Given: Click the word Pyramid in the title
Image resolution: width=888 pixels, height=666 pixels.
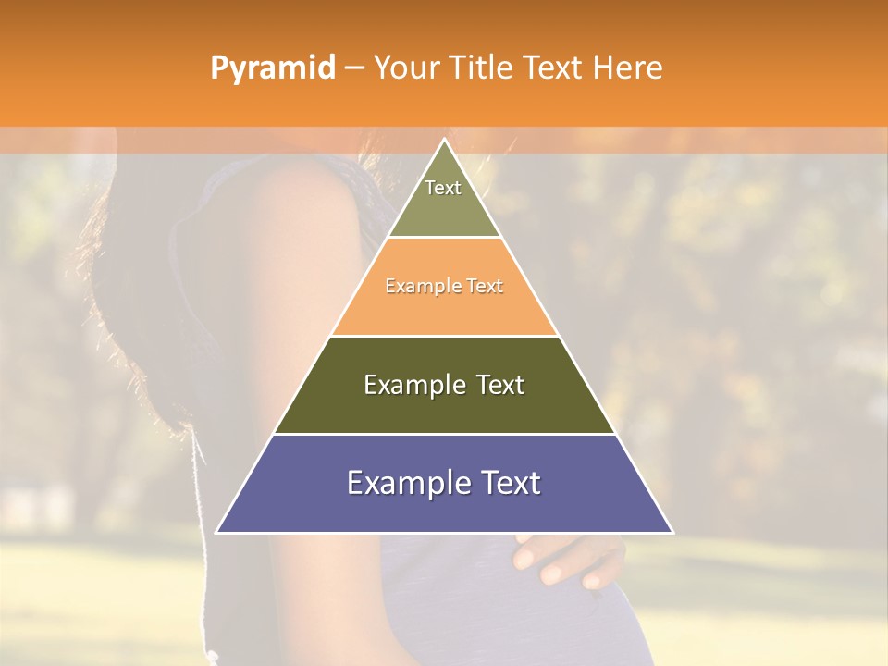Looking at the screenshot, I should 272,68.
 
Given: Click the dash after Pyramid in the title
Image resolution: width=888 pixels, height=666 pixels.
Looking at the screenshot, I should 354,68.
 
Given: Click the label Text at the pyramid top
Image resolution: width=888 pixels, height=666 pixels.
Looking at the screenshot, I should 443,188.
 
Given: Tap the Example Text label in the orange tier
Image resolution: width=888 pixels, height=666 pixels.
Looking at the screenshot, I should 444,287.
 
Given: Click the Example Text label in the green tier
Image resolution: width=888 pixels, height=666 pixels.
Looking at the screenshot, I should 444,385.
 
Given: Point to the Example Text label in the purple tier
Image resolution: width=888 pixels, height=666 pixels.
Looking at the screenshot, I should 444,483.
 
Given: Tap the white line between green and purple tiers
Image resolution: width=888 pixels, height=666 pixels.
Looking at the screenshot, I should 444,434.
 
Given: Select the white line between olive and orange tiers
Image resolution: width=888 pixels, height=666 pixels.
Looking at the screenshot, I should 444,238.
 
